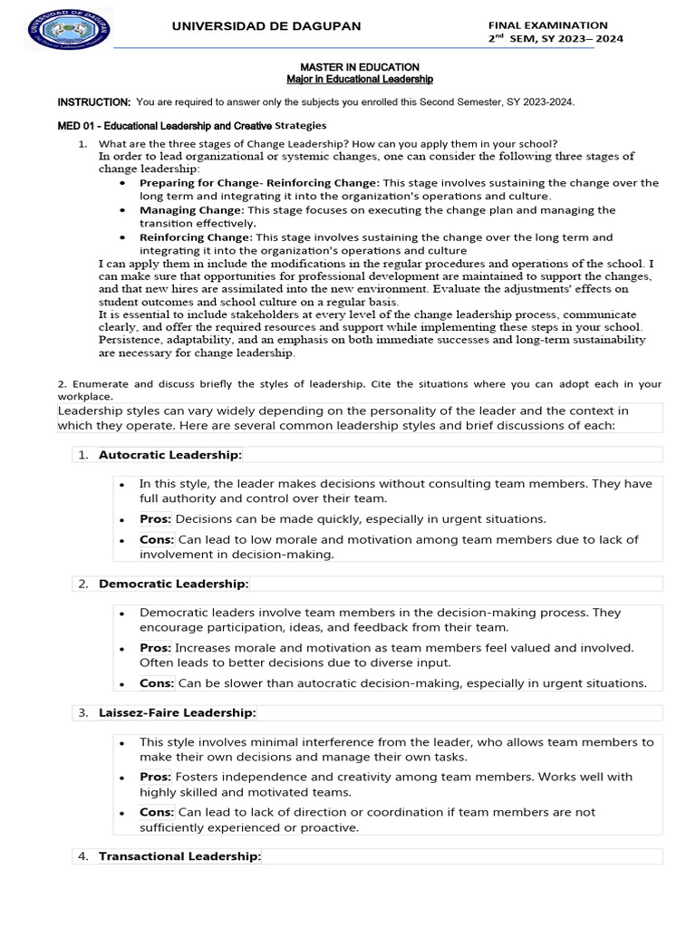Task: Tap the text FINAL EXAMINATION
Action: coord(547,25)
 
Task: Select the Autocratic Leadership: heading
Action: coord(169,454)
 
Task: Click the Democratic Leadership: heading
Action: coord(173,584)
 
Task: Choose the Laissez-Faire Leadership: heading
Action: coord(177,713)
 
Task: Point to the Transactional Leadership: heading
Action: coord(179,856)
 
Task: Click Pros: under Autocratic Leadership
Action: coord(155,519)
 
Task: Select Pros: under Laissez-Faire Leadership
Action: coord(155,778)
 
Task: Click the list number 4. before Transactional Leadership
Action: coord(82,856)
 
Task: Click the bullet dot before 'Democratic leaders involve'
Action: coord(121,614)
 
